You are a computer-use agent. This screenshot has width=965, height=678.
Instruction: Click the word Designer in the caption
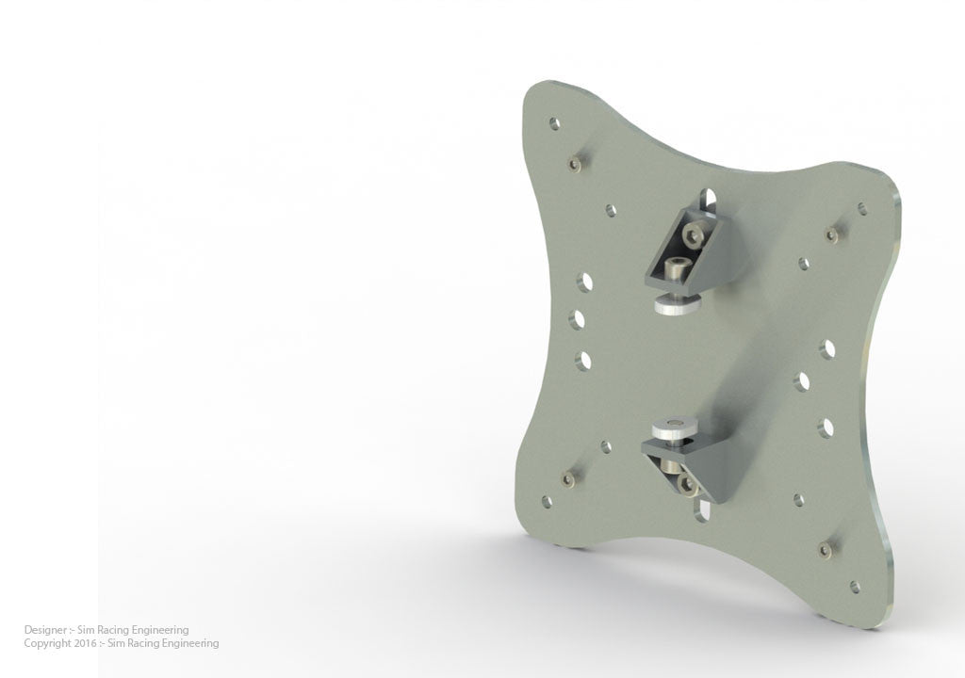(44, 630)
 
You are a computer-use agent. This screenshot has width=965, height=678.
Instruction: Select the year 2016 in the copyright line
(84, 644)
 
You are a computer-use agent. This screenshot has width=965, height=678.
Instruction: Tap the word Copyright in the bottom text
(47, 644)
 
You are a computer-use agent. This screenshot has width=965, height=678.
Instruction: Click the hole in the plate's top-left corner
(554, 123)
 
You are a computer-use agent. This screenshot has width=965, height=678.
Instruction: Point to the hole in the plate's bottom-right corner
(855, 587)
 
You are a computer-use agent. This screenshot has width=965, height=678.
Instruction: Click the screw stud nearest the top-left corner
(575, 164)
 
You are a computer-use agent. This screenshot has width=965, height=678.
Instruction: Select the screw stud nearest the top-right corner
(831, 234)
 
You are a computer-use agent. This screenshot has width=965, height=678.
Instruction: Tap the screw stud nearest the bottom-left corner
(568, 479)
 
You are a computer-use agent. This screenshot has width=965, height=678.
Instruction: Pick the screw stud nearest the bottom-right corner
(826, 549)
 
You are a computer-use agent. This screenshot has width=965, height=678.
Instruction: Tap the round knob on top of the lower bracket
(674, 429)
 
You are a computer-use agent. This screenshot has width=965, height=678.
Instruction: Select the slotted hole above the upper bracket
(710, 199)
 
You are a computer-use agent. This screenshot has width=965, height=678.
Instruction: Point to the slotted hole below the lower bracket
(702, 511)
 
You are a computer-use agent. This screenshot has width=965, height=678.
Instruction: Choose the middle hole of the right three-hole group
(802, 381)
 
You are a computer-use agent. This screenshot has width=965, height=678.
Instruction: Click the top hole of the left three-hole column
(585, 281)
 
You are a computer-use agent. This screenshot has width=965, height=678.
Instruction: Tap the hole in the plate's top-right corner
(862, 209)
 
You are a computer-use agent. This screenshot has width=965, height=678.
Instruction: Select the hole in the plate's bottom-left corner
(547, 502)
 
